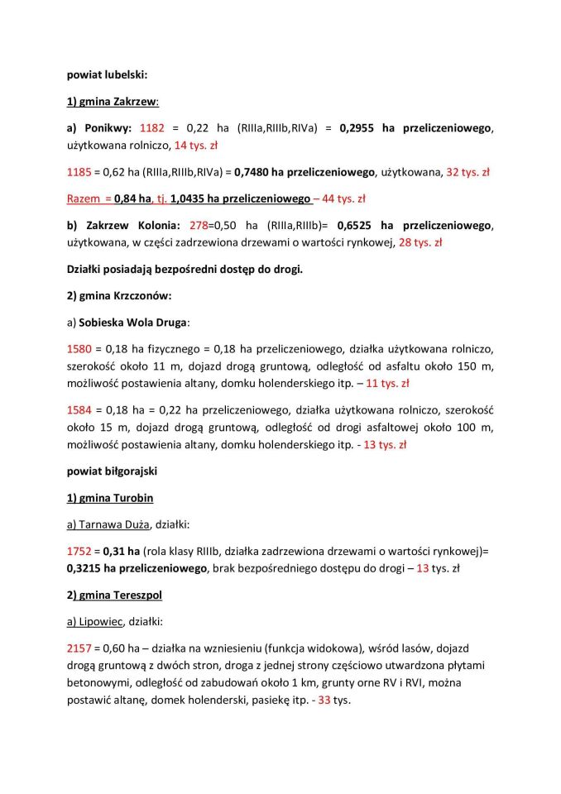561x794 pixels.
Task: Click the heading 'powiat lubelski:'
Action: coord(107,74)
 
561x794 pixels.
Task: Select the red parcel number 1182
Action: coord(152,128)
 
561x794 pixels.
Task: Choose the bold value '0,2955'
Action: coord(358,128)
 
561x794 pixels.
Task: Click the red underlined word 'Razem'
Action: coord(83,198)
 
